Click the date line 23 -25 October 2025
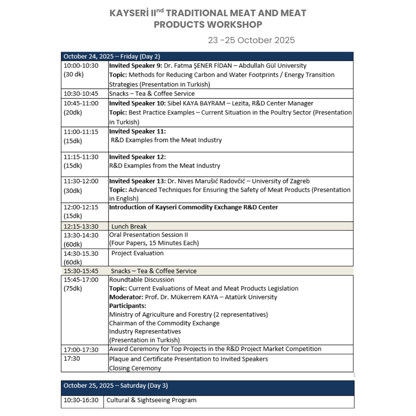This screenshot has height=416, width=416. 251,40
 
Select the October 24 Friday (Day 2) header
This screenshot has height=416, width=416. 111,57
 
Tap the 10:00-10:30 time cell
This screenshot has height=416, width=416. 81,66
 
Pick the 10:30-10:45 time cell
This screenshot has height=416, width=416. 81,94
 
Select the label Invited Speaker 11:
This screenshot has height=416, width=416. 137,131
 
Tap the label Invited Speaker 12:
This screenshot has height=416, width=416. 137,157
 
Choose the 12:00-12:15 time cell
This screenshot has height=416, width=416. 81,207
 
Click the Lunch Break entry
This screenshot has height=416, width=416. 129,226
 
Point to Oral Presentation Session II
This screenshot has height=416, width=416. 149,235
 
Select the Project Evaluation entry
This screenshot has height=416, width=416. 137,253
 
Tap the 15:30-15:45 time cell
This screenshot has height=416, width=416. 81,271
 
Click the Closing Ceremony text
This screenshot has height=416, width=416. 135,368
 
